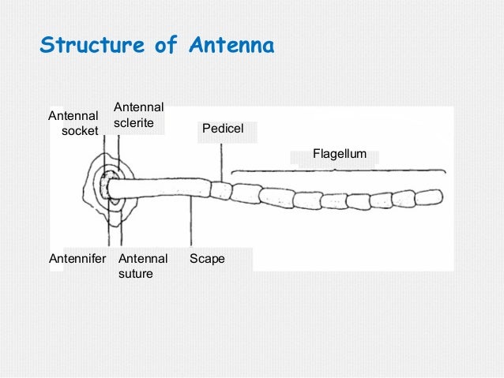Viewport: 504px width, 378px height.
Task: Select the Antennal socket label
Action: [73, 123]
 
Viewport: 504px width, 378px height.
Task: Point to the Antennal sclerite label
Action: [138, 116]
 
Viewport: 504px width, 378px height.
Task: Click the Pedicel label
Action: [223, 128]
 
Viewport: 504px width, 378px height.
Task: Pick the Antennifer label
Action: [77, 258]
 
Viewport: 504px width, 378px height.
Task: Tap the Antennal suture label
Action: [142, 266]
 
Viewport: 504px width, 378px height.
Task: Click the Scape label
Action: [208, 258]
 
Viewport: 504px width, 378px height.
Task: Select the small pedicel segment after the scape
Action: [221, 191]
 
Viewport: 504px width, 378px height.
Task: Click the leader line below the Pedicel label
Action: [219, 162]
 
